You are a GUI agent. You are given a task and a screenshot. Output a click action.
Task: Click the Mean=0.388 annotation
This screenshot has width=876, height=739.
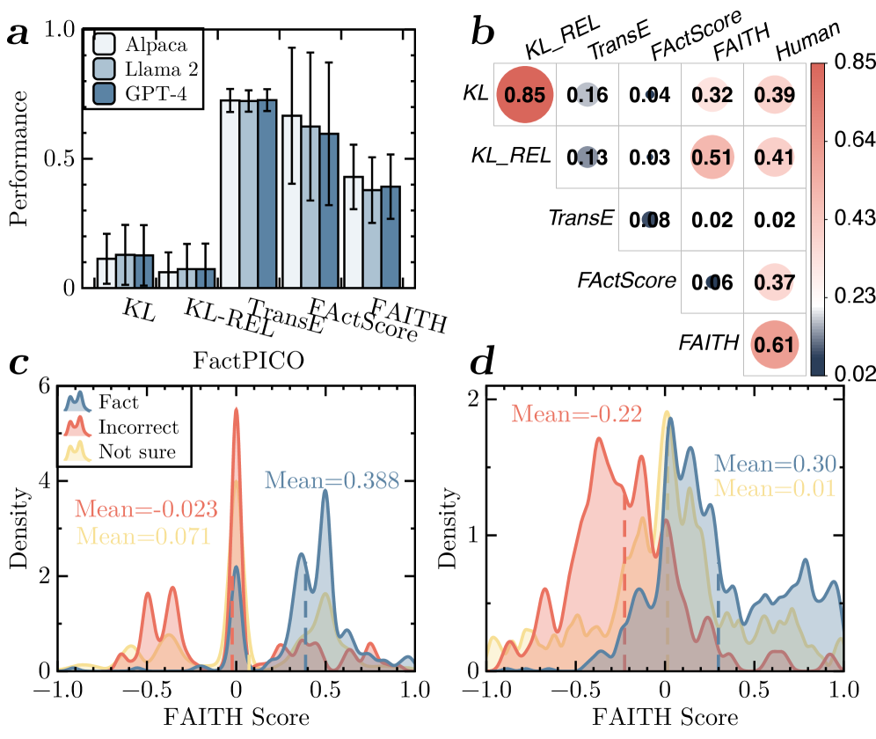(332, 479)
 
